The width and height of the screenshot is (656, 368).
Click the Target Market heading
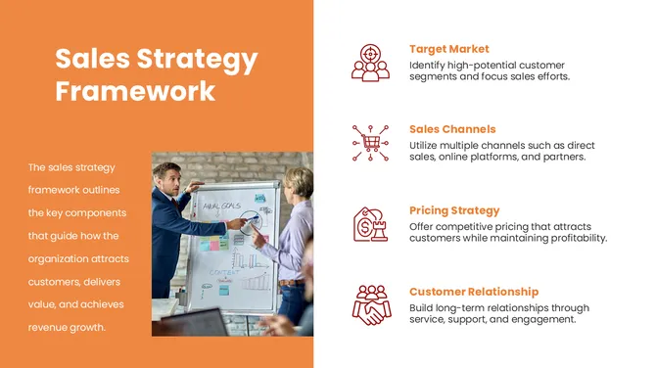[x=448, y=49]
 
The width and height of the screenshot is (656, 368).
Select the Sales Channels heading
[x=452, y=129]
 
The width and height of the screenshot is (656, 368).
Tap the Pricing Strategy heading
[x=454, y=210]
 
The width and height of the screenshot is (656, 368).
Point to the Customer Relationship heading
[x=474, y=292]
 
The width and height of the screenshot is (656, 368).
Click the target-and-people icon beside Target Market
[x=370, y=62]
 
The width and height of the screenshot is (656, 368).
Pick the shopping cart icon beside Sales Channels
[x=370, y=143]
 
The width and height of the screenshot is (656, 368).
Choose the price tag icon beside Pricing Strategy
[x=370, y=224]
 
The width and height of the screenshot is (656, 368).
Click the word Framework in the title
[x=135, y=92]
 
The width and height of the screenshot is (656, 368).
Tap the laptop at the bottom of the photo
[x=195, y=323]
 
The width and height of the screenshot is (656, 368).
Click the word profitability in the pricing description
[x=572, y=238]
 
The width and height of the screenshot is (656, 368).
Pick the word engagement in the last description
[x=538, y=319]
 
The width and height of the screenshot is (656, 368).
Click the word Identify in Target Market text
[x=425, y=65]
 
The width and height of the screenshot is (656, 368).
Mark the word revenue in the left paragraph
[x=47, y=327]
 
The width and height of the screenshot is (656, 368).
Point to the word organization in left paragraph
[x=60, y=258]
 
